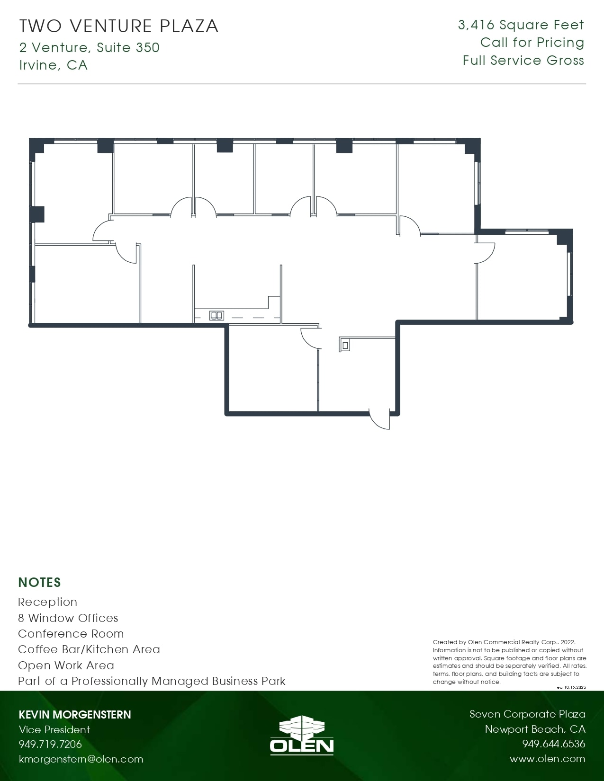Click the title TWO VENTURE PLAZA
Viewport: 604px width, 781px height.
[x=118, y=26]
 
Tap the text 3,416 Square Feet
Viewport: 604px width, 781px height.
[x=521, y=25]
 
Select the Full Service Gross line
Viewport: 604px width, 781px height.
[x=523, y=61]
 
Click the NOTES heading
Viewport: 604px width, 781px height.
[x=40, y=582]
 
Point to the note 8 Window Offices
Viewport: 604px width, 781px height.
[x=68, y=618]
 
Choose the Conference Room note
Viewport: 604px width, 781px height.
[x=71, y=633]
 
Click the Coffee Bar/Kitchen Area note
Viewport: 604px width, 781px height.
[x=89, y=649]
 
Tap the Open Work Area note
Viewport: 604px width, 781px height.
[x=66, y=665]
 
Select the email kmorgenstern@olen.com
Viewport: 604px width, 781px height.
[x=81, y=759]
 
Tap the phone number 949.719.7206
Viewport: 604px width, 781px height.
[x=50, y=744]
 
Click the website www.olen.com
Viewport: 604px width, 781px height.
[x=547, y=759]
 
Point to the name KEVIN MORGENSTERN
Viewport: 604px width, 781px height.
[x=75, y=714]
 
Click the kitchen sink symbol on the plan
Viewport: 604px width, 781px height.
[x=217, y=315]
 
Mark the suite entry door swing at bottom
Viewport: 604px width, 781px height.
[x=380, y=419]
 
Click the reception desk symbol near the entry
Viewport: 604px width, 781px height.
[x=345, y=345]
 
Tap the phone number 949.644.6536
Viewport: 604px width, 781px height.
[x=553, y=744]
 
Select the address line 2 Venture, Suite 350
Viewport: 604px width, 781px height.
[x=90, y=47]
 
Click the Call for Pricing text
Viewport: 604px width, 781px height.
[x=532, y=43]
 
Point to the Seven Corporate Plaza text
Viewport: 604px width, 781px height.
[x=527, y=714]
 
